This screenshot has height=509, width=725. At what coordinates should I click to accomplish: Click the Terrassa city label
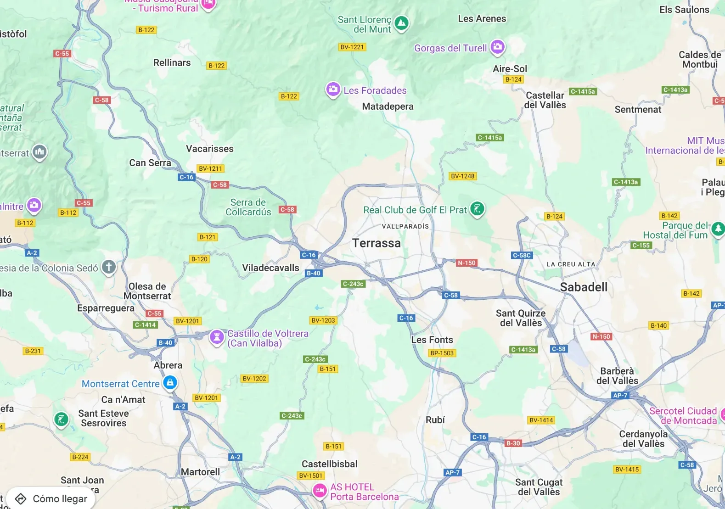tap(376, 243)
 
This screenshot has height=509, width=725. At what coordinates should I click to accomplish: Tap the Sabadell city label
tap(584, 287)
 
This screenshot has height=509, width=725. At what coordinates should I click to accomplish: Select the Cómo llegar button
tap(51, 498)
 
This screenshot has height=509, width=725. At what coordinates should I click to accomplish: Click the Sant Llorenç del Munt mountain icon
tap(401, 23)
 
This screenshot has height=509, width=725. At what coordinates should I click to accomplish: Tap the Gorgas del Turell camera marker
tap(497, 47)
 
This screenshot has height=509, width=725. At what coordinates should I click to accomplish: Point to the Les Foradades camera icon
tap(333, 89)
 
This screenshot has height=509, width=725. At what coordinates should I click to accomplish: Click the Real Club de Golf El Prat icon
tap(477, 209)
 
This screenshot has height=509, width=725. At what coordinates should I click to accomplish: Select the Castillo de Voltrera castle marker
tap(217, 337)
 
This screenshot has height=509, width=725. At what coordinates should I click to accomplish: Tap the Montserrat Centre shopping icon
tap(170, 382)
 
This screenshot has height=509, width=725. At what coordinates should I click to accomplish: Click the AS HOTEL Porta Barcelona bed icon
tap(320, 491)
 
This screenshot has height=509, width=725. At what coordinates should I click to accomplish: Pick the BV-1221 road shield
tap(352, 47)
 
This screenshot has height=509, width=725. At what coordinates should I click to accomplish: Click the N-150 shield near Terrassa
tap(466, 263)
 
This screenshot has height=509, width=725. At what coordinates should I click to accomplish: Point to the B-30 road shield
tap(513, 443)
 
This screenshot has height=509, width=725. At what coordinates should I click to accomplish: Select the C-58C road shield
tap(522, 255)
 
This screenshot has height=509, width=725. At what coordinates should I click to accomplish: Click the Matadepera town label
tap(388, 106)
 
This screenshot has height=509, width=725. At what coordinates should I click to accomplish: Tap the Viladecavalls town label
tap(270, 268)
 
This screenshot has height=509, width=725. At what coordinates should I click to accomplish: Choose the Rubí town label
tap(435, 420)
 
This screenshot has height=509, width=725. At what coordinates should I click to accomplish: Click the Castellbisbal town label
tap(329, 464)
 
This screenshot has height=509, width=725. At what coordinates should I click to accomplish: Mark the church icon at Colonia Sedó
tap(109, 267)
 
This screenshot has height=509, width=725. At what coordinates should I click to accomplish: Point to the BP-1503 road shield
tap(442, 353)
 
